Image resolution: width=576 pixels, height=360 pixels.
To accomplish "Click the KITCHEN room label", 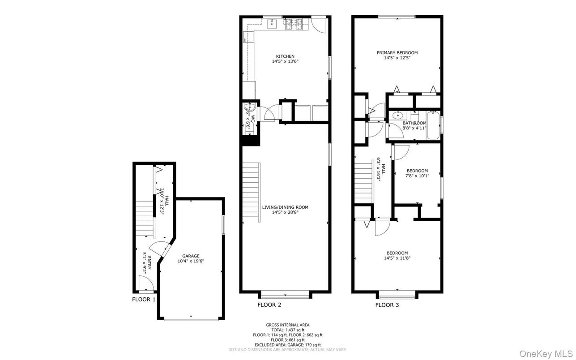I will click(x=285, y=56).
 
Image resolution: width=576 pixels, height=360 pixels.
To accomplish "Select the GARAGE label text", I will click(x=191, y=256).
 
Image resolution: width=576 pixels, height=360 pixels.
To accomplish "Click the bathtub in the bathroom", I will click(x=433, y=125).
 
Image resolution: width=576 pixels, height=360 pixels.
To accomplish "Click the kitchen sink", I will click(x=271, y=23).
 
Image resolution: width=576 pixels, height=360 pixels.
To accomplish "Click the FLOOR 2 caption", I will click(x=269, y=305).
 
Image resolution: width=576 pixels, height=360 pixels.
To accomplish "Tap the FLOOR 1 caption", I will click(x=144, y=299).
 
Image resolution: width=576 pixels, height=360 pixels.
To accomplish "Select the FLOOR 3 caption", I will click(x=387, y=305).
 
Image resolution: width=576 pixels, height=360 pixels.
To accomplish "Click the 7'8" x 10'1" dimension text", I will click(x=417, y=176).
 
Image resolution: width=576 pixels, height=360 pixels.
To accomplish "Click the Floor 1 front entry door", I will click(x=145, y=285).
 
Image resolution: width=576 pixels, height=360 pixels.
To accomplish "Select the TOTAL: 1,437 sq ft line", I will click(x=288, y=330).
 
